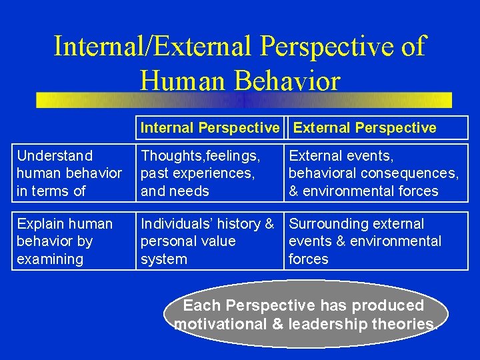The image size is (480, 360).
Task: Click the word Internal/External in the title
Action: tap(151, 47)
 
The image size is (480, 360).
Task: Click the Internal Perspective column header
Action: tap(210, 128)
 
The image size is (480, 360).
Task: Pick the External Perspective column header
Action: tap(365, 128)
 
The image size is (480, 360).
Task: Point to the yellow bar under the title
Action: tap(244, 100)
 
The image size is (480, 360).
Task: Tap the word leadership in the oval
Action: tap(323, 325)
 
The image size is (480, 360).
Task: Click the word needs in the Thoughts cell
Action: tap(191, 191)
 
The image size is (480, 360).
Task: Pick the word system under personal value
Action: tap(164, 259)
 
